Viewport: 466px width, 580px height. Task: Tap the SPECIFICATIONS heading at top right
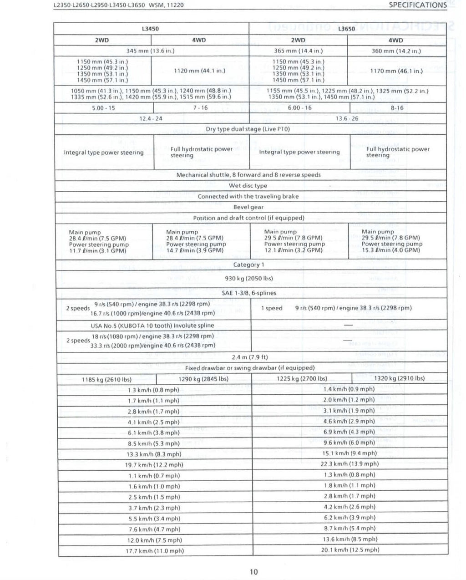(x=417, y=5)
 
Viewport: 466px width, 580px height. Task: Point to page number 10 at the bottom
(x=253, y=572)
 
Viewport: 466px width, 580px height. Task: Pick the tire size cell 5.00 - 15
(x=103, y=108)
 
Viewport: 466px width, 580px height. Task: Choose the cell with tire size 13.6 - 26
(x=347, y=118)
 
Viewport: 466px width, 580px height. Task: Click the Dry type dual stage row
(x=248, y=129)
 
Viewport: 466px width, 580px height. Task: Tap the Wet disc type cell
(x=248, y=185)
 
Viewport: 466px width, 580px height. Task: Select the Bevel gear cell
(x=248, y=207)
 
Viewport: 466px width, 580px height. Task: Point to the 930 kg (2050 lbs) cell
(x=248, y=278)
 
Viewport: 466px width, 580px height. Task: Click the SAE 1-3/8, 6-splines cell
(x=248, y=293)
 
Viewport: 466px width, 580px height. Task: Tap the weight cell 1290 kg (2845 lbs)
(x=203, y=378)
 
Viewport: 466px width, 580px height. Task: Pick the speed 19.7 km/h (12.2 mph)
(x=154, y=465)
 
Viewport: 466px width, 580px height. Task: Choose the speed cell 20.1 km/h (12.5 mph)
(x=349, y=549)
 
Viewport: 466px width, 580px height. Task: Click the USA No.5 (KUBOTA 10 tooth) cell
(x=152, y=326)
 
